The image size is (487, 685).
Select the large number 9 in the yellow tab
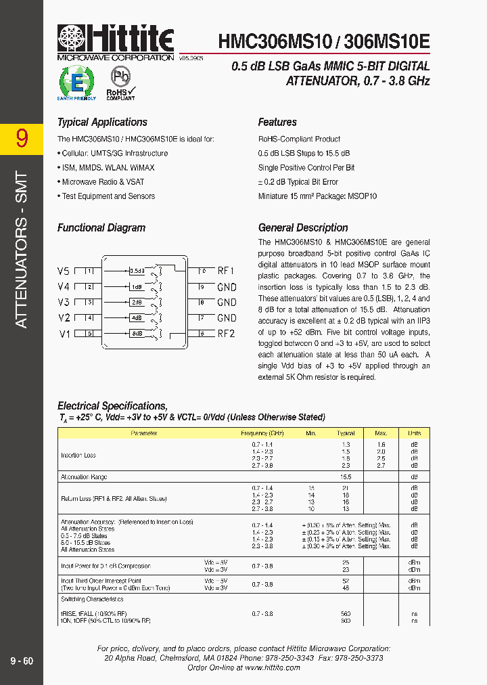(22, 139)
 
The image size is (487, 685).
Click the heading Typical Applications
(102, 123)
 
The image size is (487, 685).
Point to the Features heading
(277, 123)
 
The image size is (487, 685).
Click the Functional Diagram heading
(101, 228)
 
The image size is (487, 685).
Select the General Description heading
(303, 228)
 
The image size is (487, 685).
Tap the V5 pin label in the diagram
(64, 271)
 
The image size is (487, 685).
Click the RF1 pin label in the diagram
(226, 271)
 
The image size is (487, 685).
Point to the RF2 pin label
(226, 334)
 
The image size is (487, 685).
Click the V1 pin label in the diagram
(64, 334)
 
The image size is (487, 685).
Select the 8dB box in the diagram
(137, 334)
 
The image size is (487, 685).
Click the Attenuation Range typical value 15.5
(346, 477)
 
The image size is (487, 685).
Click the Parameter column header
(144, 433)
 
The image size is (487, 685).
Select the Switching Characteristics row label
(92, 599)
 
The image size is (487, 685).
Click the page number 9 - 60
(22, 661)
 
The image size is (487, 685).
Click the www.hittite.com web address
(272, 667)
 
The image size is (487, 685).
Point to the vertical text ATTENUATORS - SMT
(22, 250)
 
